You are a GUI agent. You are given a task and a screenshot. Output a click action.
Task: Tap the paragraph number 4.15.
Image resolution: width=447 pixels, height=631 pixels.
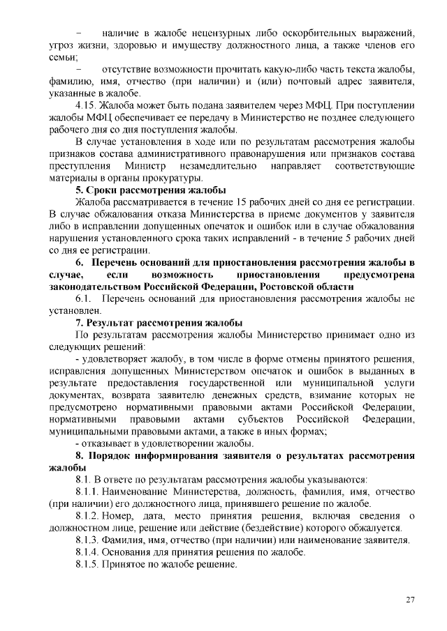click(86, 106)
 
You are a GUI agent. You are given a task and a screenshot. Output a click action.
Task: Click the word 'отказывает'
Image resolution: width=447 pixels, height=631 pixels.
click(105, 444)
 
